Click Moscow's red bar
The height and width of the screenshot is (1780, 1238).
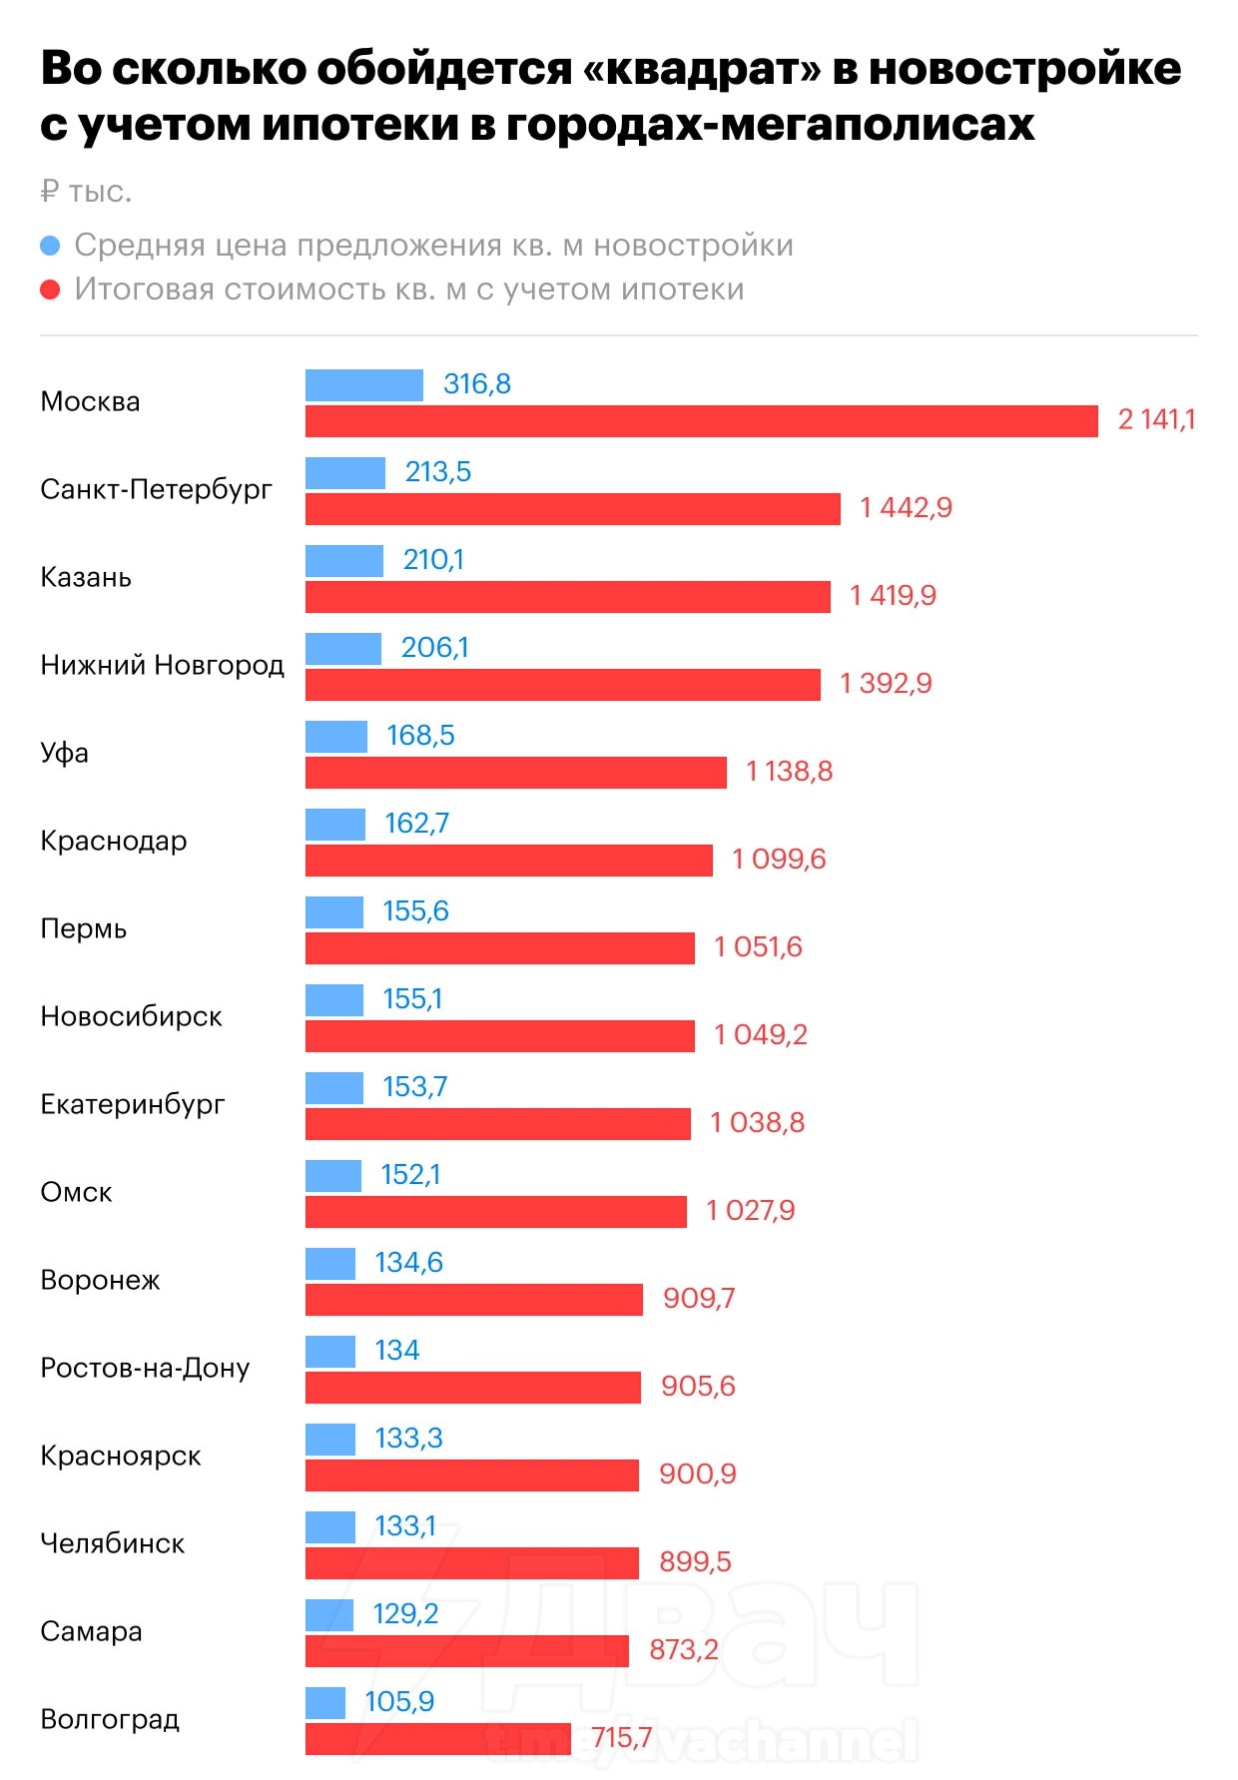pos(701,421)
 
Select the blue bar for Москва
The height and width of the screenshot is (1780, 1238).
pos(364,384)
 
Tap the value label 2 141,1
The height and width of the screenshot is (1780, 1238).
pos(1156,419)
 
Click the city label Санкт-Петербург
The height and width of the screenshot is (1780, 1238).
pos(156,489)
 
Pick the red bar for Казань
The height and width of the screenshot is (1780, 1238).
pos(567,597)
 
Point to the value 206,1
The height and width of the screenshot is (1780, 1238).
pos(434,648)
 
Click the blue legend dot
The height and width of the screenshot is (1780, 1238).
pos(50,246)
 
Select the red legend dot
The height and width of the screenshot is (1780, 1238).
pos(50,290)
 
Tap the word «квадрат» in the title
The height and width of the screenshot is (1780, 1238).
pos(714,68)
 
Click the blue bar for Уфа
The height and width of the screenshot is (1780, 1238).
pos(336,737)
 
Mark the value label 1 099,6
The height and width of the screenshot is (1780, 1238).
pos(779,860)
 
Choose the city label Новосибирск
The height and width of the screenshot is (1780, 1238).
pos(131,1016)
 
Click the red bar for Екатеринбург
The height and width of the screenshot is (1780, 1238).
pos(497,1124)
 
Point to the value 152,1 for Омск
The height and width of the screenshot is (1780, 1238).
pos(410,1175)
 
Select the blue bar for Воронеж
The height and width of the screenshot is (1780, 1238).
pos(330,1264)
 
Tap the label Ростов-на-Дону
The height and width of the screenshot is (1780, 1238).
pos(145,1368)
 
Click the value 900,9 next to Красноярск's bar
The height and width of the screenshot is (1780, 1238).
pos(697,1475)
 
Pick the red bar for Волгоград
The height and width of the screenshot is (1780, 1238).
pos(437,1739)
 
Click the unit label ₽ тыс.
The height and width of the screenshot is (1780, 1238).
pos(86,192)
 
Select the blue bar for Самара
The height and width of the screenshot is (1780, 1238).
pos(329,1615)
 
